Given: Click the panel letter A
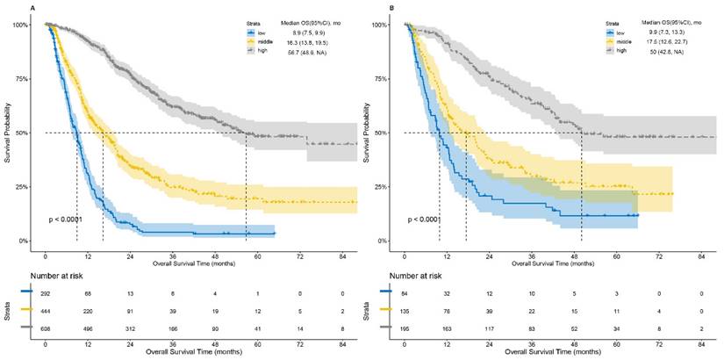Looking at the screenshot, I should tap(32, 8).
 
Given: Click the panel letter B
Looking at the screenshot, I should tap(391, 8).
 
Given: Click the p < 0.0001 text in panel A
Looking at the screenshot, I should tap(68, 220).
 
